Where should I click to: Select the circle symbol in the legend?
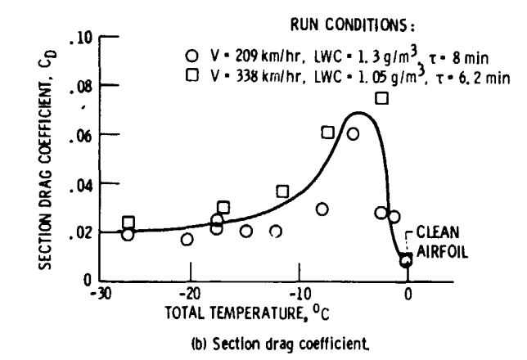[191, 56]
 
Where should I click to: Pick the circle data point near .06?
[353, 134]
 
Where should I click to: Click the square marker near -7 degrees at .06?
[327, 133]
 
